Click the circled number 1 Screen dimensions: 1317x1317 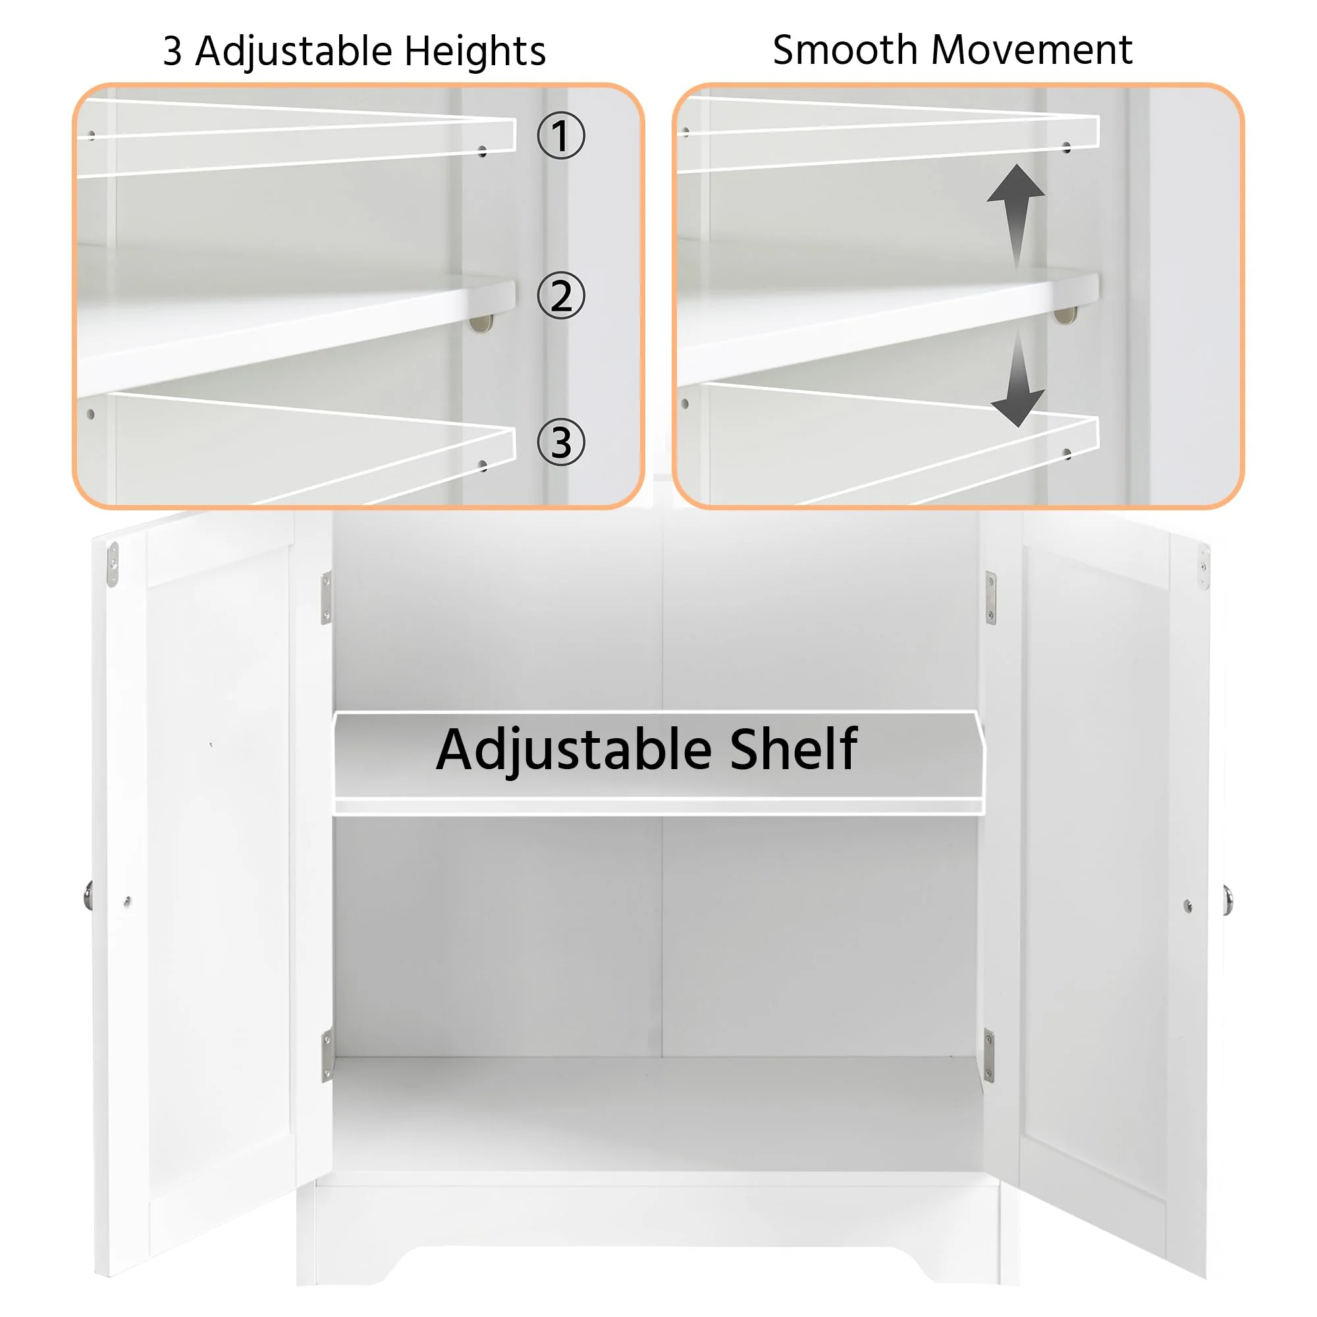560,136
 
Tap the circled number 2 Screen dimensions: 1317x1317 560,295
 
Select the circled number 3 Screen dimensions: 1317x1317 560,442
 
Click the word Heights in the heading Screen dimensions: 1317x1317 475,51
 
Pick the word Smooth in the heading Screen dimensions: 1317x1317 846,49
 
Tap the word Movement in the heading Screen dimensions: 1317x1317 1031,49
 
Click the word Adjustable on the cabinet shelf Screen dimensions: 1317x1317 574,750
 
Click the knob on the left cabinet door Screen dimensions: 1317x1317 89,895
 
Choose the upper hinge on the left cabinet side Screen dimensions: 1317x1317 327,597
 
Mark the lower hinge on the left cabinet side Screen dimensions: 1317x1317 327,1055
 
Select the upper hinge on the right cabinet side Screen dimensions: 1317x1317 990,598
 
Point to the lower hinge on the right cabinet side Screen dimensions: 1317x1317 988,1055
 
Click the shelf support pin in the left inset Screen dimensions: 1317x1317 481,323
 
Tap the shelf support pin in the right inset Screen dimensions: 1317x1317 1065,315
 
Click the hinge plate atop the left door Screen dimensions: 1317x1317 113,564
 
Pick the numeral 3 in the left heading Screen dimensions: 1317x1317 173,51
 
